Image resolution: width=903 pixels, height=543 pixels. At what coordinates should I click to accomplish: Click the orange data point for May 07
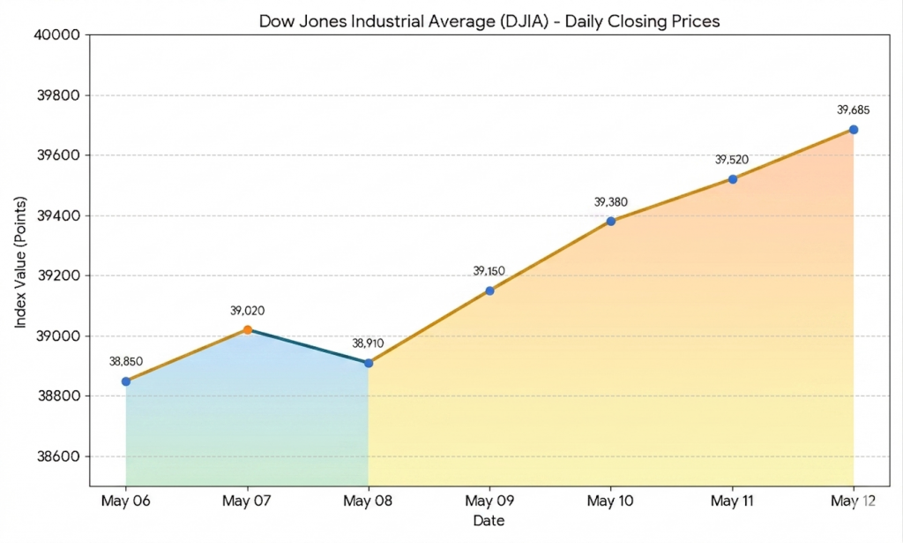coord(248,329)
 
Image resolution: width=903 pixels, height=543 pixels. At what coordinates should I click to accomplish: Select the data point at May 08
coord(369,363)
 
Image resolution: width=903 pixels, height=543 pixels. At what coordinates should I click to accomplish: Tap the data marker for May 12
coord(854,130)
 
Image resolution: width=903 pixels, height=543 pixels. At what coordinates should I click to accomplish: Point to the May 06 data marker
coord(126,381)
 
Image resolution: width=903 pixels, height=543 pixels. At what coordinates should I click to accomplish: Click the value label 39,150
coord(489,271)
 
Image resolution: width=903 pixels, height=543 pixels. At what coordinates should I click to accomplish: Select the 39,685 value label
coord(853,110)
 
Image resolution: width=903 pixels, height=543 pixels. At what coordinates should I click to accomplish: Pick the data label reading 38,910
coord(368,343)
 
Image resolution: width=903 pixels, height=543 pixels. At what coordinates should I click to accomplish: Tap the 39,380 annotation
coord(610,202)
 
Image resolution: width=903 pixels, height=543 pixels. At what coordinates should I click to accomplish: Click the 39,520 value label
coord(731,160)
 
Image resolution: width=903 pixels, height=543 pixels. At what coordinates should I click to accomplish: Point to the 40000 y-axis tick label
coord(57,34)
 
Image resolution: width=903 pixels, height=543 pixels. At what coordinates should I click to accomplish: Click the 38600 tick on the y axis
coord(58,456)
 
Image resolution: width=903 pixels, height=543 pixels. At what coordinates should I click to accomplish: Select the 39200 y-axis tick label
coord(58,275)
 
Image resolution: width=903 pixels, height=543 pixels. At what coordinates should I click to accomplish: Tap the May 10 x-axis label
coord(610,501)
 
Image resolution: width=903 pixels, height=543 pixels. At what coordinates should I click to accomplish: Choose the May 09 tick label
coord(489,501)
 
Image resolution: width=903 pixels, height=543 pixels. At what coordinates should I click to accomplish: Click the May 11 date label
coord(731,501)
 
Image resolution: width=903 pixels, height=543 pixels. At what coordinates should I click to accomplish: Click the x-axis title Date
coord(489,521)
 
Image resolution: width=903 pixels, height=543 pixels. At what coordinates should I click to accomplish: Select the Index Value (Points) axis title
coord(21,262)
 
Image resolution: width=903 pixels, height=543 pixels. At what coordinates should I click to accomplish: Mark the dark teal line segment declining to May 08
coord(308,346)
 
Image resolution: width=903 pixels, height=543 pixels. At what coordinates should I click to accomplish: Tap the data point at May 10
coord(611,222)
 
